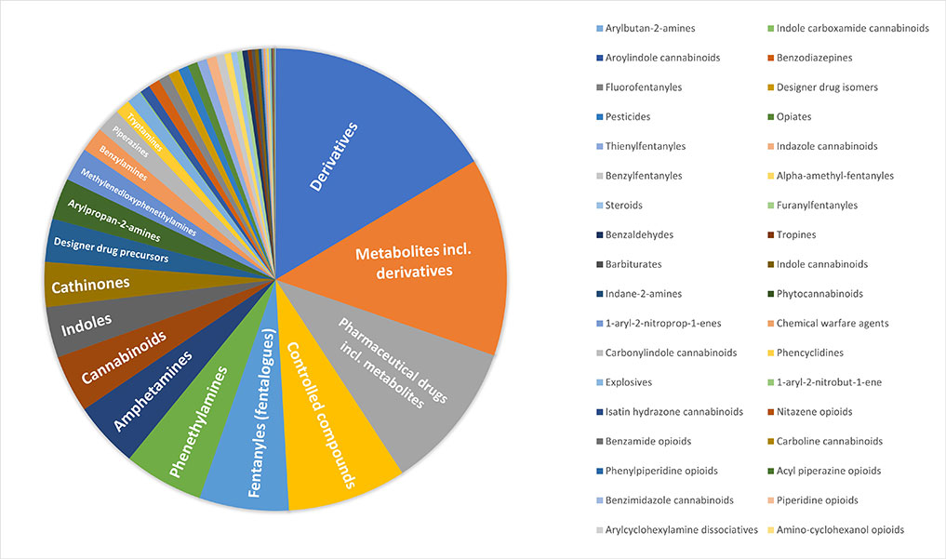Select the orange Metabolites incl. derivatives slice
[x=419, y=260]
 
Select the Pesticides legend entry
[x=628, y=117]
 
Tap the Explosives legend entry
[x=629, y=382]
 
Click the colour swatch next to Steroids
[x=597, y=206]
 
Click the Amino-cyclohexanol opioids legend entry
[x=838, y=529]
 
